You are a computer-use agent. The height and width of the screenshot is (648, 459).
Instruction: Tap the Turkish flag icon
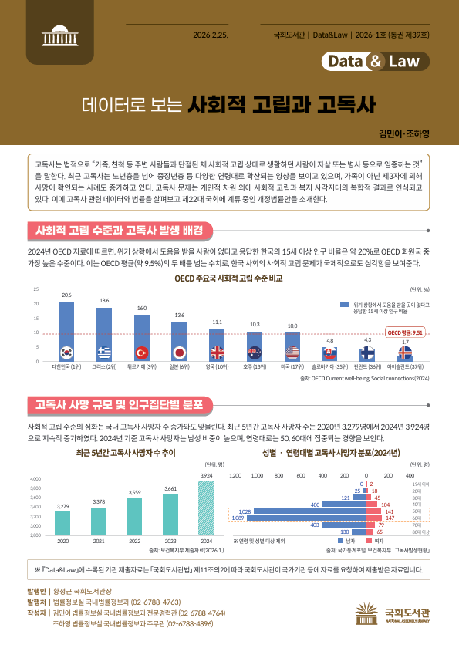tap(141, 353)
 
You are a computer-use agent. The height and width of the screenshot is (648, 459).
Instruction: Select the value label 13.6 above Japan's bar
tap(179, 316)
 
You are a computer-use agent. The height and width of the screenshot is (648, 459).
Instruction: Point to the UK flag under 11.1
tap(217, 353)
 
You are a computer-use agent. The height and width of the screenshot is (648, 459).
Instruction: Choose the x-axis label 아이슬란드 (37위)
tap(405, 368)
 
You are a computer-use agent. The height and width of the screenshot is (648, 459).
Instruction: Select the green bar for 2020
tap(62, 523)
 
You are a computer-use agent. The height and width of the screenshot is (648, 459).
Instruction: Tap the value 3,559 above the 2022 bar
tap(134, 492)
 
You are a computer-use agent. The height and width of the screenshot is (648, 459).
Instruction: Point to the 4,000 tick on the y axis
tap(35, 480)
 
